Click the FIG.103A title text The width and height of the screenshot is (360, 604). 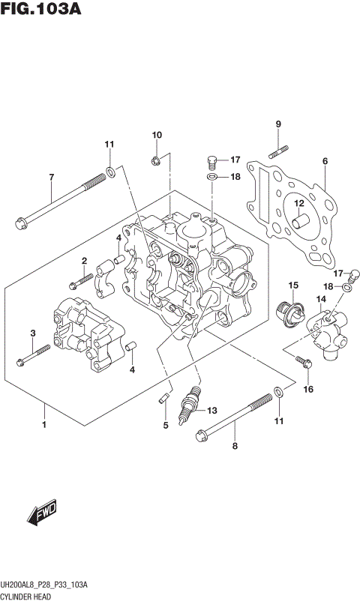(x=41, y=10)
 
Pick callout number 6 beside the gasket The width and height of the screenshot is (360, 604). (x=325, y=161)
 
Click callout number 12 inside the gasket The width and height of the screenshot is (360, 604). (x=298, y=203)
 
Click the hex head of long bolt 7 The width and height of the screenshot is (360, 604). (x=20, y=221)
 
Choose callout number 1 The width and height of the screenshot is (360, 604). (x=45, y=426)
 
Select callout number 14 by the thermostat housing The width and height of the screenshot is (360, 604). (x=320, y=300)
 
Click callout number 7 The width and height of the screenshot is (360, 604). (x=51, y=177)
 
